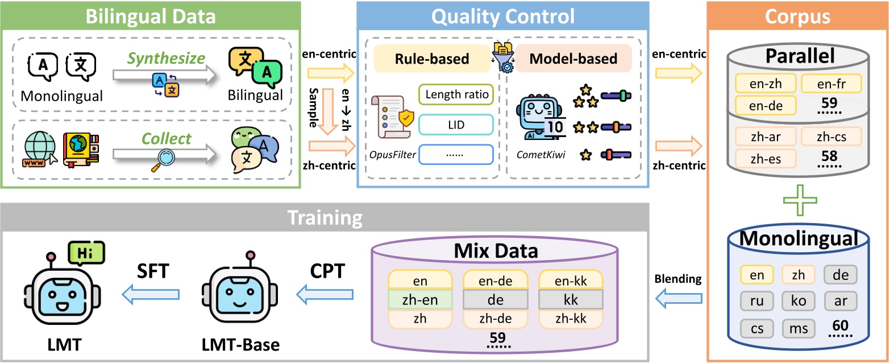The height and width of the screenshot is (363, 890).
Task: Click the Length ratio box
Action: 456,95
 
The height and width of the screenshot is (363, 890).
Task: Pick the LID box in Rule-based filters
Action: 456,125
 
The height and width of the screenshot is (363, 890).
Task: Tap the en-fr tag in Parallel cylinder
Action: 831,84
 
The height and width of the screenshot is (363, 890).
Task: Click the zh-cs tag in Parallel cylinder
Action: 831,137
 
